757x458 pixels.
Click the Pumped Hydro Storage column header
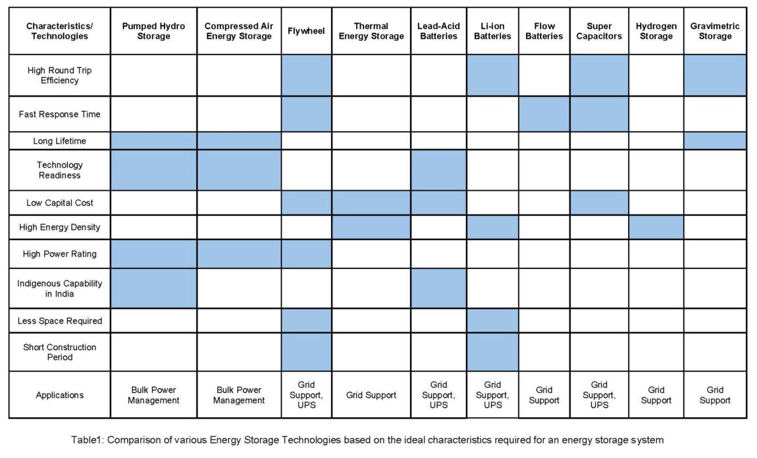153,31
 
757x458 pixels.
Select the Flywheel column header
306,31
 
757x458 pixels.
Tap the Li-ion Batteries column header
492,31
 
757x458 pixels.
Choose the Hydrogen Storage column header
656,31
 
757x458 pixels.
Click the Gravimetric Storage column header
715,31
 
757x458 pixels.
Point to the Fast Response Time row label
59,114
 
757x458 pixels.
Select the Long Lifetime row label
59,141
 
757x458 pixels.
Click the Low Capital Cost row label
59,203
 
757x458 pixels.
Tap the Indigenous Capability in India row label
59,288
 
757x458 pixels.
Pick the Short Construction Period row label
59,352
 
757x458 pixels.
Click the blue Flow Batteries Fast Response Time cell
544,114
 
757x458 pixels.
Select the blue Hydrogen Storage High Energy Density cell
656,227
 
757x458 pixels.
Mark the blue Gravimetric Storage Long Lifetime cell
715,141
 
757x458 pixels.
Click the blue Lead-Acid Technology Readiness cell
438,170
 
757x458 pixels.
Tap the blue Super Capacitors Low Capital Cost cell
599,203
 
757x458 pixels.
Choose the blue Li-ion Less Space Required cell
492,320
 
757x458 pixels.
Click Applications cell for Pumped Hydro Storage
153,395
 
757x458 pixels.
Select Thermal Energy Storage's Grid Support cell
371,395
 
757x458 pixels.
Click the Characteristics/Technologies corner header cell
59,31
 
